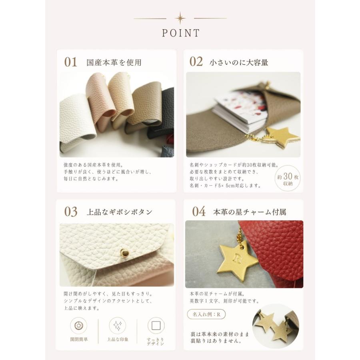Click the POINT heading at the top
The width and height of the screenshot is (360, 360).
pyautogui.click(x=181, y=33)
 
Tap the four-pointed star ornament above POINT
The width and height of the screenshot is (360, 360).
pyautogui.click(x=180, y=18)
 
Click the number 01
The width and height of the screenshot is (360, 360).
pyautogui.click(x=70, y=62)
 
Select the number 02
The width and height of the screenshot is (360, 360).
pyautogui.click(x=196, y=62)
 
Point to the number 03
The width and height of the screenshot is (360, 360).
pyautogui.click(x=71, y=212)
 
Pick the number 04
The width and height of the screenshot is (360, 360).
pyautogui.click(x=199, y=212)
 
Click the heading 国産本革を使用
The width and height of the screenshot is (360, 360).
pyautogui.click(x=114, y=62)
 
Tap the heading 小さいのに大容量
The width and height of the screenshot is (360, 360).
pyautogui.click(x=239, y=62)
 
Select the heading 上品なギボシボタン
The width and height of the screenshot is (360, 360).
pyautogui.click(x=119, y=212)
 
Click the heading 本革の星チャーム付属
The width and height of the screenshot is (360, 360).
pyautogui.click(x=250, y=212)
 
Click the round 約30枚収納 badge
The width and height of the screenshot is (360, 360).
pyautogui.click(x=288, y=178)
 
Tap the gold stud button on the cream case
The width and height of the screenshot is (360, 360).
pyautogui.click(x=124, y=253)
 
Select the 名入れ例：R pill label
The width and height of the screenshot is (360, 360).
pyautogui.click(x=206, y=314)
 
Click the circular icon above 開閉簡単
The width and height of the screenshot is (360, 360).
pyautogui.click(x=78, y=325)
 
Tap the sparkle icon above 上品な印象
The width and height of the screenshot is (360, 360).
pyautogui.click(x=117, y=325)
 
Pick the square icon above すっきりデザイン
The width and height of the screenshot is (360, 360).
pyautogui.click(x=156, y=325)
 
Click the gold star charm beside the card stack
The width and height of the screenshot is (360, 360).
pyautogui.click(x=282, y=137)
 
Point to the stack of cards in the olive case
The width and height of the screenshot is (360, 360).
pyautogui.click(x=240, y=111)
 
